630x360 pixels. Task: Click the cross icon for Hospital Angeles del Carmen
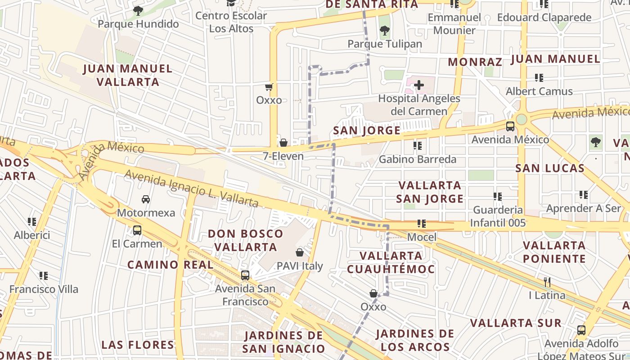tap(419, 85)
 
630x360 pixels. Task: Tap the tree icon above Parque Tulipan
tap(384, 31)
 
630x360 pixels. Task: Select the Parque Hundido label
tap(138, 24)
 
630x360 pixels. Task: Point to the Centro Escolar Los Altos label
tap(231, 22)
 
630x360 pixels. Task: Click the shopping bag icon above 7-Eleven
tap(283, 143)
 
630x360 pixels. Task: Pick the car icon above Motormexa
tap(146, 199)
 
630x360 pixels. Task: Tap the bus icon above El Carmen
tap(137, 230)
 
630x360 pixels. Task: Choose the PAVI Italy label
tap(300, 266)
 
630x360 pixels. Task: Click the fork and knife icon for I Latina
tap(547, 282)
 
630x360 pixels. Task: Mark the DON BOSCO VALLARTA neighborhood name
tap(245, 240)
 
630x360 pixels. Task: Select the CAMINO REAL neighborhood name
tap(171, 265)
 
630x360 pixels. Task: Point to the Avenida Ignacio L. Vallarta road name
tap(191, 189)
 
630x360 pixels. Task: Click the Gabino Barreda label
tap(417, 159)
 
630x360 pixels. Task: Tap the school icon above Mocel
tap(422, 223)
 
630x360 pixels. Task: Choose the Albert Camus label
tap(539, 91)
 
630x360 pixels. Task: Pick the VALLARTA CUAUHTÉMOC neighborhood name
tap(391, 262)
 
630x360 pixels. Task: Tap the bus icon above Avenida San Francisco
tap(245, 275)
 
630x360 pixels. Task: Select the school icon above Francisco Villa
tap(44, 275)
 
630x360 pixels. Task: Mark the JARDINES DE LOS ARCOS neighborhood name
tap(414, 340)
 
